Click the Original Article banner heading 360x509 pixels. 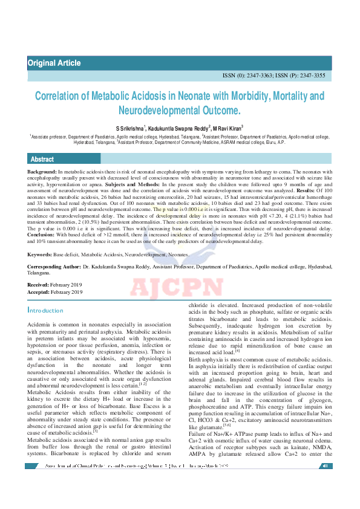[54, 63]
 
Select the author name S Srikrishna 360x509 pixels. [130, 128]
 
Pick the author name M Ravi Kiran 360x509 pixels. [227, 128]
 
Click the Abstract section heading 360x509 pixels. [42, 159]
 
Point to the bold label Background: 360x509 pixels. [42, 172]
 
